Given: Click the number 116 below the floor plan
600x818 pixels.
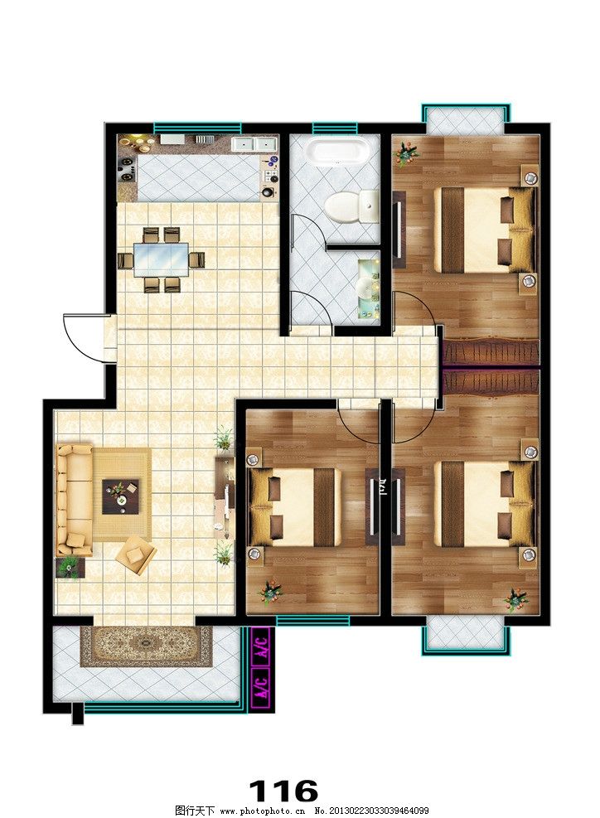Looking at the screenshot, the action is [x=283, y=791].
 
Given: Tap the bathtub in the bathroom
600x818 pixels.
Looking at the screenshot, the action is [x=337, y=151].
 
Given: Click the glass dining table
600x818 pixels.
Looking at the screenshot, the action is [x=160, y=259].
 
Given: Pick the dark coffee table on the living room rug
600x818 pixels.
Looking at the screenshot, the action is [x=120, y=496].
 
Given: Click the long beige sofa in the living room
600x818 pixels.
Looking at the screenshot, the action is [x=75, y=500].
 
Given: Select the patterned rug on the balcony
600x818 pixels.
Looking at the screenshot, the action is [x=146, y=646].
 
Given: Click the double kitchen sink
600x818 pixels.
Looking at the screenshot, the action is [x=254, y=144].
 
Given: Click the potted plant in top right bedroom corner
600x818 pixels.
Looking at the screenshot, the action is [x=406, y=153].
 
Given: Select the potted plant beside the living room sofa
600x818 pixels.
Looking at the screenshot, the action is [x=70, y=567].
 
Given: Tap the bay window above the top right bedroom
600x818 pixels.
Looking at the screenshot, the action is [x=466, y=119].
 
